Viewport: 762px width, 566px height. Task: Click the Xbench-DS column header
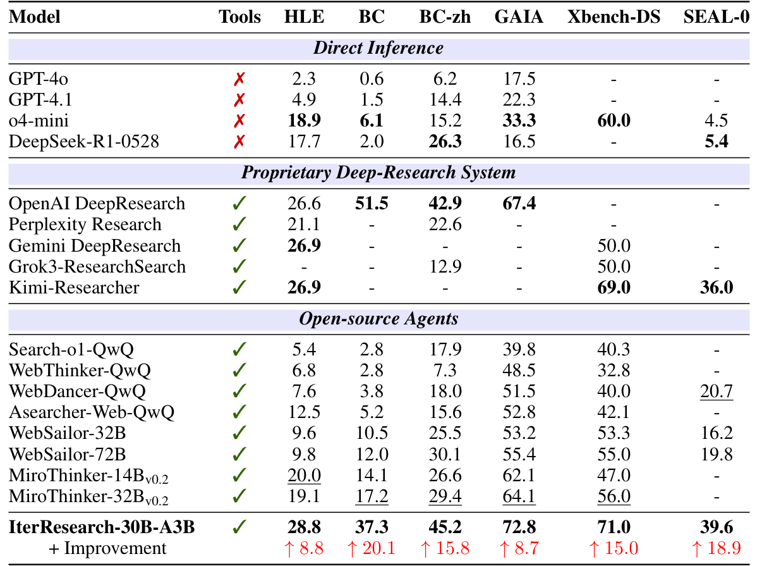[x=614, y=16]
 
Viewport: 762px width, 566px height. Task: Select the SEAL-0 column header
[x=716, y=16]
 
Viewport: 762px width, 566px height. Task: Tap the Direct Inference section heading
[x=378, y=48]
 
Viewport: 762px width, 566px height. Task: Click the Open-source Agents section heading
[x=378, y=319]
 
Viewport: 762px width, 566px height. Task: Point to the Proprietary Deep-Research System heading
[x=378, y=173]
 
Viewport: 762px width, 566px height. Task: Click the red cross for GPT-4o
[x=239, y=79]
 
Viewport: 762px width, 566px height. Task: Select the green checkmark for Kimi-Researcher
[x=239, y=287]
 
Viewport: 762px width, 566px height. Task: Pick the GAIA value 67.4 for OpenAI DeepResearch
[x=519, y=204]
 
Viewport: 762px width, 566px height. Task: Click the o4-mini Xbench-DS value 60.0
[x=614, y=121]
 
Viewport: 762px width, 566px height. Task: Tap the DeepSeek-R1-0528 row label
[x=84, y=142]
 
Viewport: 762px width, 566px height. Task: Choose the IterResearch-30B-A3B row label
[x=101, y=527]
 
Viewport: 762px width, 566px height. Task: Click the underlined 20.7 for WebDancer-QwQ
[x=716, y=391]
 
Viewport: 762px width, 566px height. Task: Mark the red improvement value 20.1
[x=372, y=548]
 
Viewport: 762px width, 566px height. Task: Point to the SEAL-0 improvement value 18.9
[x=716, y=548]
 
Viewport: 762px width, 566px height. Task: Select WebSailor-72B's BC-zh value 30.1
[x=445, y=454]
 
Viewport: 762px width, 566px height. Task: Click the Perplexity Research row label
[x=85, y=225]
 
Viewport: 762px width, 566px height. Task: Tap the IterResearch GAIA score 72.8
[x=519, y=527]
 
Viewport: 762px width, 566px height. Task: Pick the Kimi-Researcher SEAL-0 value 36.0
[x=716, y=287]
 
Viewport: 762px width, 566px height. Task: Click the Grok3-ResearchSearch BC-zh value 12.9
[x=445, y=266]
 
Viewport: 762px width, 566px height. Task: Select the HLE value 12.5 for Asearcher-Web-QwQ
[x=305, y=412]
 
